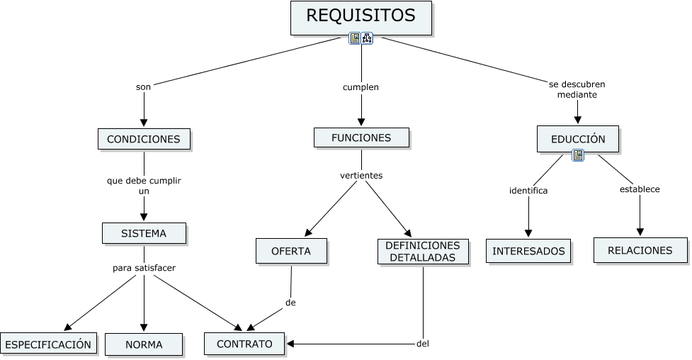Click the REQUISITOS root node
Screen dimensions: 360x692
[361, 17]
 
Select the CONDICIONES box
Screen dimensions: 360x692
[144, 139]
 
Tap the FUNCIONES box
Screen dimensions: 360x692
[361, 137]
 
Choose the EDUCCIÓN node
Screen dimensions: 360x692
[578, 139]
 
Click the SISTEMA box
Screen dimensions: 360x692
[144, 233]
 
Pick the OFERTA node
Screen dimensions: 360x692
[291, 251]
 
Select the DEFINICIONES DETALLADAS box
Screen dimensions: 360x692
[423, 251]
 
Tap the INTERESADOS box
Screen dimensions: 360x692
[528, 251]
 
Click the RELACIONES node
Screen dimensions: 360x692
[640, 250]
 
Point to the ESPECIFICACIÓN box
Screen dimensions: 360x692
[48, 344]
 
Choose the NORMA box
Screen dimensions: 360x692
[144, 345]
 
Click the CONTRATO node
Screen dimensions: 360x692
[244, 344]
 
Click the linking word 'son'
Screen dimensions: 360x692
[143, 87]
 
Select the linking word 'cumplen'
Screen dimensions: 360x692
[361, 87]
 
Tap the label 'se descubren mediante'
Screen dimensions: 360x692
[577, 89]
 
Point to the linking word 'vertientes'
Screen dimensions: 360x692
[361, 175]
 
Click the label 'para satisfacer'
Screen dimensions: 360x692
[144, 268]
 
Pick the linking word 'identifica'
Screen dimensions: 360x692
[528, 190]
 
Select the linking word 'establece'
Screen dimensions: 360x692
[640, 189]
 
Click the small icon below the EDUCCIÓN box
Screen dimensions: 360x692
[578, 155]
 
